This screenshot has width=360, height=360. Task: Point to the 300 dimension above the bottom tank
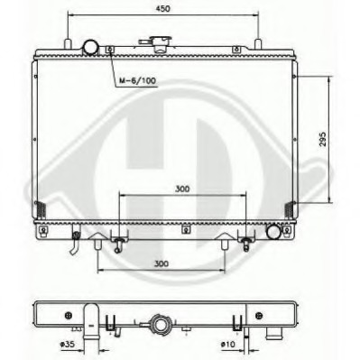183,190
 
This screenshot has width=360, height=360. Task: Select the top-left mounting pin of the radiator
68,42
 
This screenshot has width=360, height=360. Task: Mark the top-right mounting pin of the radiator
259,42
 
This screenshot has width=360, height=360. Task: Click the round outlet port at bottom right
273,232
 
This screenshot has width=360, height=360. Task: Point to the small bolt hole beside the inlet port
109,50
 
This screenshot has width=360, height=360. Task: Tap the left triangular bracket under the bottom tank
98,241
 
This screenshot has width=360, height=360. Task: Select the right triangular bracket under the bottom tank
223,241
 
